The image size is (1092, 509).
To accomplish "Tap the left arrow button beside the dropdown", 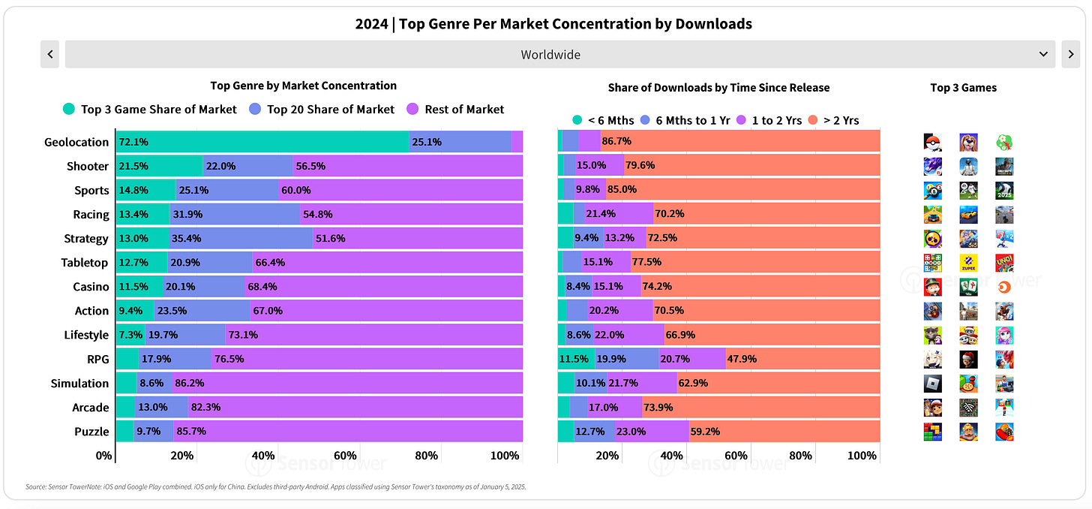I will pyautogui.click(x=49, y=55).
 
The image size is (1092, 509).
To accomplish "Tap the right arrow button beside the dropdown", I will pyautogui.click(x=1070, y=55).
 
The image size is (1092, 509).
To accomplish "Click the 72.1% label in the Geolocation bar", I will pyautogui.click(x=134, y=142).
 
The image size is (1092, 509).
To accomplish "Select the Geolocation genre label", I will pyautogui.click(x=76, y=142).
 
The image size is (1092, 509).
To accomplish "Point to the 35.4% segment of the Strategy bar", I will pyautogui.click(x=241, y=239).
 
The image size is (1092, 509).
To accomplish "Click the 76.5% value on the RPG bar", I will pyautogui.click(x=229, y=359).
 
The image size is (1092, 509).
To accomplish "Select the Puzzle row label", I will pyautogui.click(x=92, y=432).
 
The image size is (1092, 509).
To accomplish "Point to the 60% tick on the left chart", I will pyautogui.click(x=344, y=456).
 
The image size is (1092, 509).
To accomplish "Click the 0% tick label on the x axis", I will pyautogui.click(x=104, y=456).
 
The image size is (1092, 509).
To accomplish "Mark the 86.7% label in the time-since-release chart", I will pyautogui.click(x=616, y=142).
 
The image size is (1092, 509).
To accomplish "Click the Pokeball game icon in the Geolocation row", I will pyautogui.click(x=932, y=142).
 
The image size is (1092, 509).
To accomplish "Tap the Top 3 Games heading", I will pyautogui.click(x=963, y=88).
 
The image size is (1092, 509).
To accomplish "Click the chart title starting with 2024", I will pyautogui.click(x=553, y=24).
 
